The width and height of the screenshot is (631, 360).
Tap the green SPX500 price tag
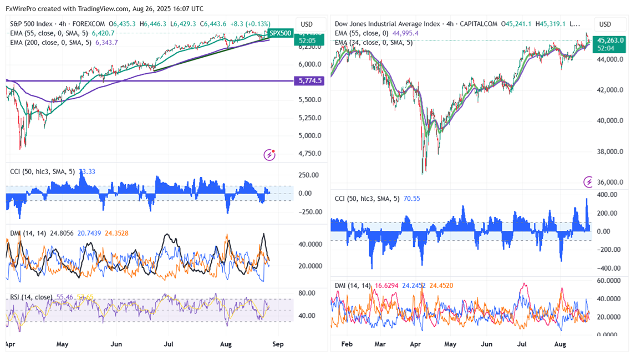[x=280, y=33]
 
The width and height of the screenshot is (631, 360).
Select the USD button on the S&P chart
[x=307, y=24]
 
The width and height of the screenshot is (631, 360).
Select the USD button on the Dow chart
[x=605, y=24]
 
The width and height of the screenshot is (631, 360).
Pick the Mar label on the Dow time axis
[x=380, y=344]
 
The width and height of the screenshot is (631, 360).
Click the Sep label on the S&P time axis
[x=278, y=344]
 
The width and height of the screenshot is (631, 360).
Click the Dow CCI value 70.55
[x=413, y=198]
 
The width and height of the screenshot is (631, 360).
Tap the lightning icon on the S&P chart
[x=269, y=155]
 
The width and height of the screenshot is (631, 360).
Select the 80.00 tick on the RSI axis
[x=307, y=293]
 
